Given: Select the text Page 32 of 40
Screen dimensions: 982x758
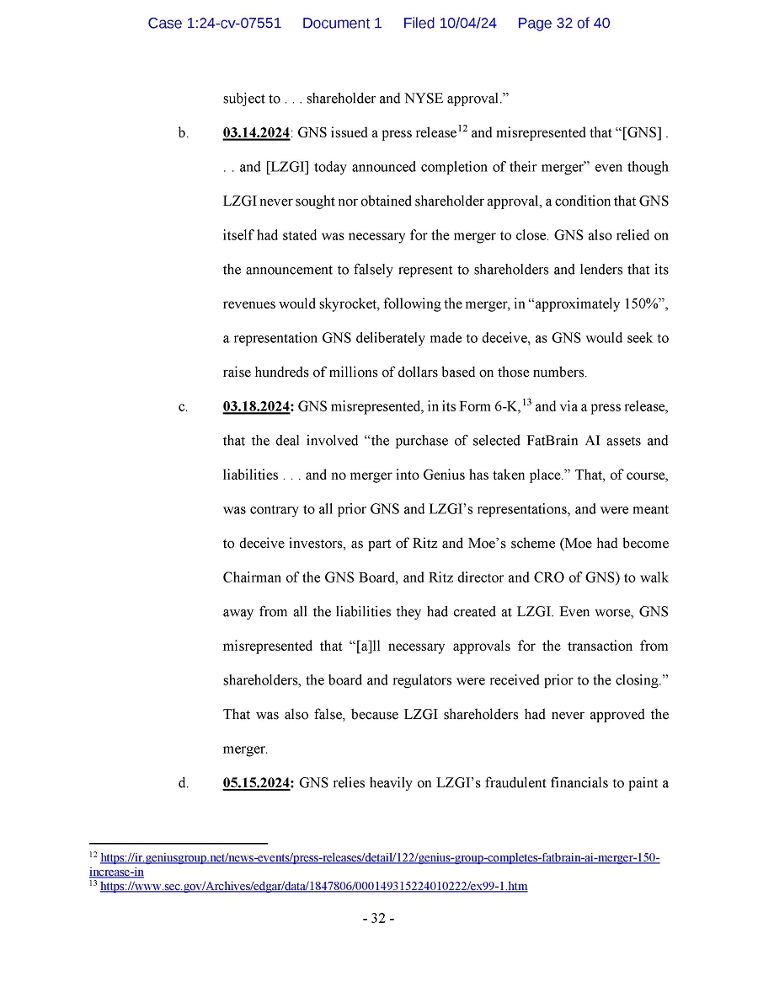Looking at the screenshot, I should (x=563, y=24).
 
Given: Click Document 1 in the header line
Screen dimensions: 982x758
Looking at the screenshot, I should (x=341, y=24).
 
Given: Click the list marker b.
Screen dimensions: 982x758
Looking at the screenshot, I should (x=184, y=133).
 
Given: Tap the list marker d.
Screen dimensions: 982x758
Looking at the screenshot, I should (x=184, y=783).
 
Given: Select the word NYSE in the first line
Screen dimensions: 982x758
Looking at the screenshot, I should (x=423, y=99).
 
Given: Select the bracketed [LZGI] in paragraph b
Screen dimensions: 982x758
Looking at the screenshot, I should (x=291, y=167).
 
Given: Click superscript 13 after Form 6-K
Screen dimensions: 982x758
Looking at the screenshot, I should (x=526, y=401).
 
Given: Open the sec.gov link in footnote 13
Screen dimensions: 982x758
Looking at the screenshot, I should (x=313, y=887).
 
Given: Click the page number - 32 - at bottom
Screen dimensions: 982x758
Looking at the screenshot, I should (x=379, y=918).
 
